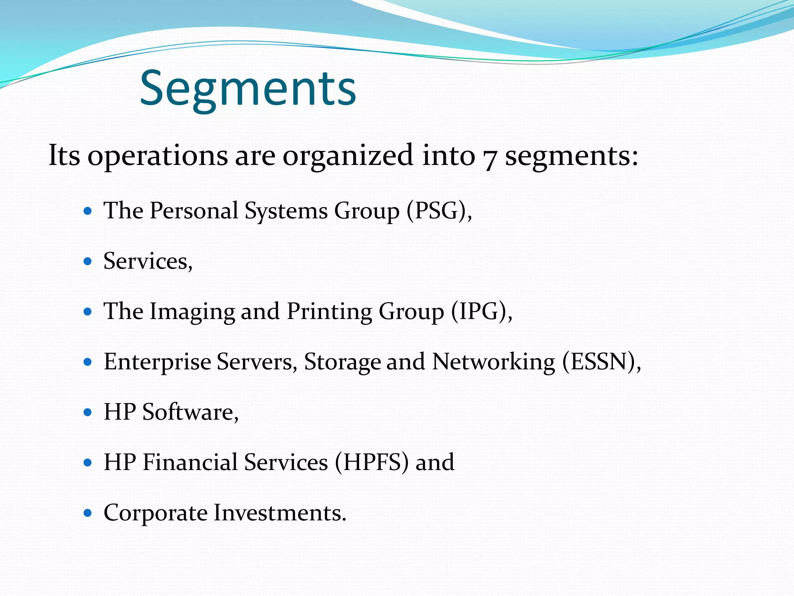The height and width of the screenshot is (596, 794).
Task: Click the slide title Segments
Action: point(248,88)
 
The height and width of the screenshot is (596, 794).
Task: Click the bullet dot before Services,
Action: point(88,261)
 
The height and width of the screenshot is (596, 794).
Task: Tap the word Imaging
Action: point(192,312)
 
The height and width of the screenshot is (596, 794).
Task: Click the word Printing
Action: point(329,312)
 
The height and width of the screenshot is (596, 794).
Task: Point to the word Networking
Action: point(494,362)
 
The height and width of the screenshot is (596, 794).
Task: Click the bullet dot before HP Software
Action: point(88,412)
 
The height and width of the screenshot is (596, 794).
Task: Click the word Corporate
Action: point(155,513)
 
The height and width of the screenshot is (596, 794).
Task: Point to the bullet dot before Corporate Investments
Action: point(88,513)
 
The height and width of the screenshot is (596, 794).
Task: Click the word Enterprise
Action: point(157,362)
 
